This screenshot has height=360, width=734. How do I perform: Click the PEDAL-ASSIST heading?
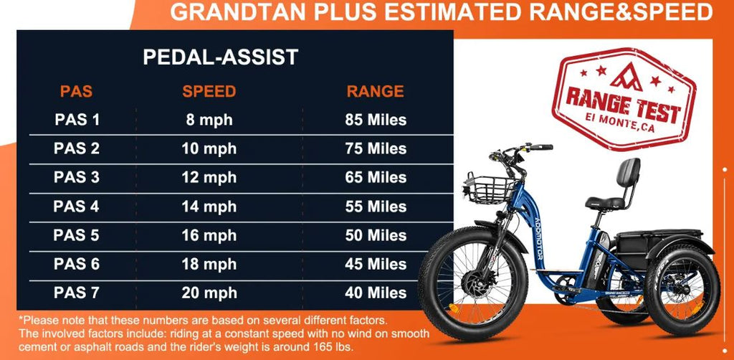pyautogui.click(x=221, y=57)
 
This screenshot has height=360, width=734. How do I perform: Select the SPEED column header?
pyautogui.click(x=209, y=91)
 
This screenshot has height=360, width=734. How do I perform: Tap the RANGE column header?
pyautogui.click(x=376, y=91)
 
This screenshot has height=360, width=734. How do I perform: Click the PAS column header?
pyautogui.click(x=76, y=91)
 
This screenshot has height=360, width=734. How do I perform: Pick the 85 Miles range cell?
pyautogui.click(x=376, y=120)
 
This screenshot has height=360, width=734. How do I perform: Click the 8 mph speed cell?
pyautogui.click(x=209, y=120)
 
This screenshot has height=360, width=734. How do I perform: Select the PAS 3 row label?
pyautogui.click(x=76, y=177)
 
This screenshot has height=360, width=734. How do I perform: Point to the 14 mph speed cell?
pyautogui.click(x=209, y=207)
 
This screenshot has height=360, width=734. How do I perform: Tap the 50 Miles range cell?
pyautogui.click(x=376, y=235)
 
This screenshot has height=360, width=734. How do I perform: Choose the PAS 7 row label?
pyautogui.click(x=76, y=293)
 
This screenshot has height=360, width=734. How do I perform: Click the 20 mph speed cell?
pyautogui.click(x=209, y=293)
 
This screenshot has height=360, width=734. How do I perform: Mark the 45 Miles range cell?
pyautogui.click(x=376, y=265)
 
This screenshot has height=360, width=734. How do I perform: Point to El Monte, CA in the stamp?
pyautogui.click(x=620, y=125)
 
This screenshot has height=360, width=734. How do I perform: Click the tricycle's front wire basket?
pyautogui.click(x=490, y=189)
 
